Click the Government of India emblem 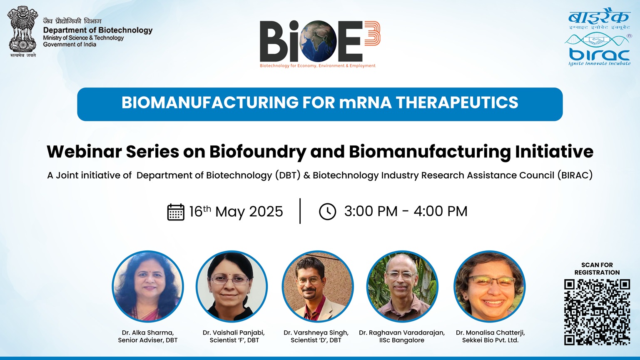tap(22, 31)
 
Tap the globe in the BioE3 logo tap(316, 41)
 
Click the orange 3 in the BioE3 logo tap(372, 33)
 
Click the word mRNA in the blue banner tap(365, 102)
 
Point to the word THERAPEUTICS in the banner tap(457, 102)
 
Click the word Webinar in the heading tap(84, 151)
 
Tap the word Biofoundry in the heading tap(258, 152)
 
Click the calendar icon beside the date tap(175, 212)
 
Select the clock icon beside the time tap(327, 212)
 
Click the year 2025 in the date tap(266, 212)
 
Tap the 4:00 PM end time tap(440, 211)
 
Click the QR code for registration tap(597, 312)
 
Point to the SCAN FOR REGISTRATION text tap(597, 269)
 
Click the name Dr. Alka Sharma tap(148, 333)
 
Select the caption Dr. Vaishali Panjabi tap(234, 333)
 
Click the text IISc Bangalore tap(402, 340)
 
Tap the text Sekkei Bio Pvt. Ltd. tap(490, 340)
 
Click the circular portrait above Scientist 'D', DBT tap(318, 286)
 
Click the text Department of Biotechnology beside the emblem tap(98, 30)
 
